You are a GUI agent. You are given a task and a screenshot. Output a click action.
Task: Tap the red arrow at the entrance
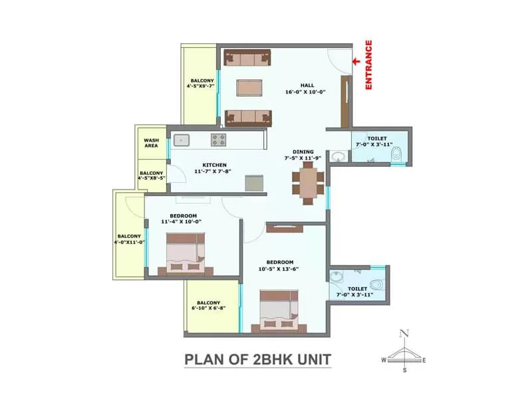point(356,61)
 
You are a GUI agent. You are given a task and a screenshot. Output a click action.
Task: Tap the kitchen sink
point(181,140)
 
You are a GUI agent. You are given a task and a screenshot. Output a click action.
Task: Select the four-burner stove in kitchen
point(219,140)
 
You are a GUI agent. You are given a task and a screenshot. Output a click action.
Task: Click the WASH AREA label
point(152,142)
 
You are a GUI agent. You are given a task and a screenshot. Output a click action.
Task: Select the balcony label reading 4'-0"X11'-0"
point(129,239)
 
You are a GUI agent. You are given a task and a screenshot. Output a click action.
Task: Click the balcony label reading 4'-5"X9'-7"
point(199,84)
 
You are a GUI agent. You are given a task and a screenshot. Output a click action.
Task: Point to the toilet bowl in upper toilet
point(396,156)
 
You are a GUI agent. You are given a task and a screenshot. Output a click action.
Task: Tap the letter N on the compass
point(403,334)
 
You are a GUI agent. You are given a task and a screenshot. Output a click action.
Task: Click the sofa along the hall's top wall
point(247,58)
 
